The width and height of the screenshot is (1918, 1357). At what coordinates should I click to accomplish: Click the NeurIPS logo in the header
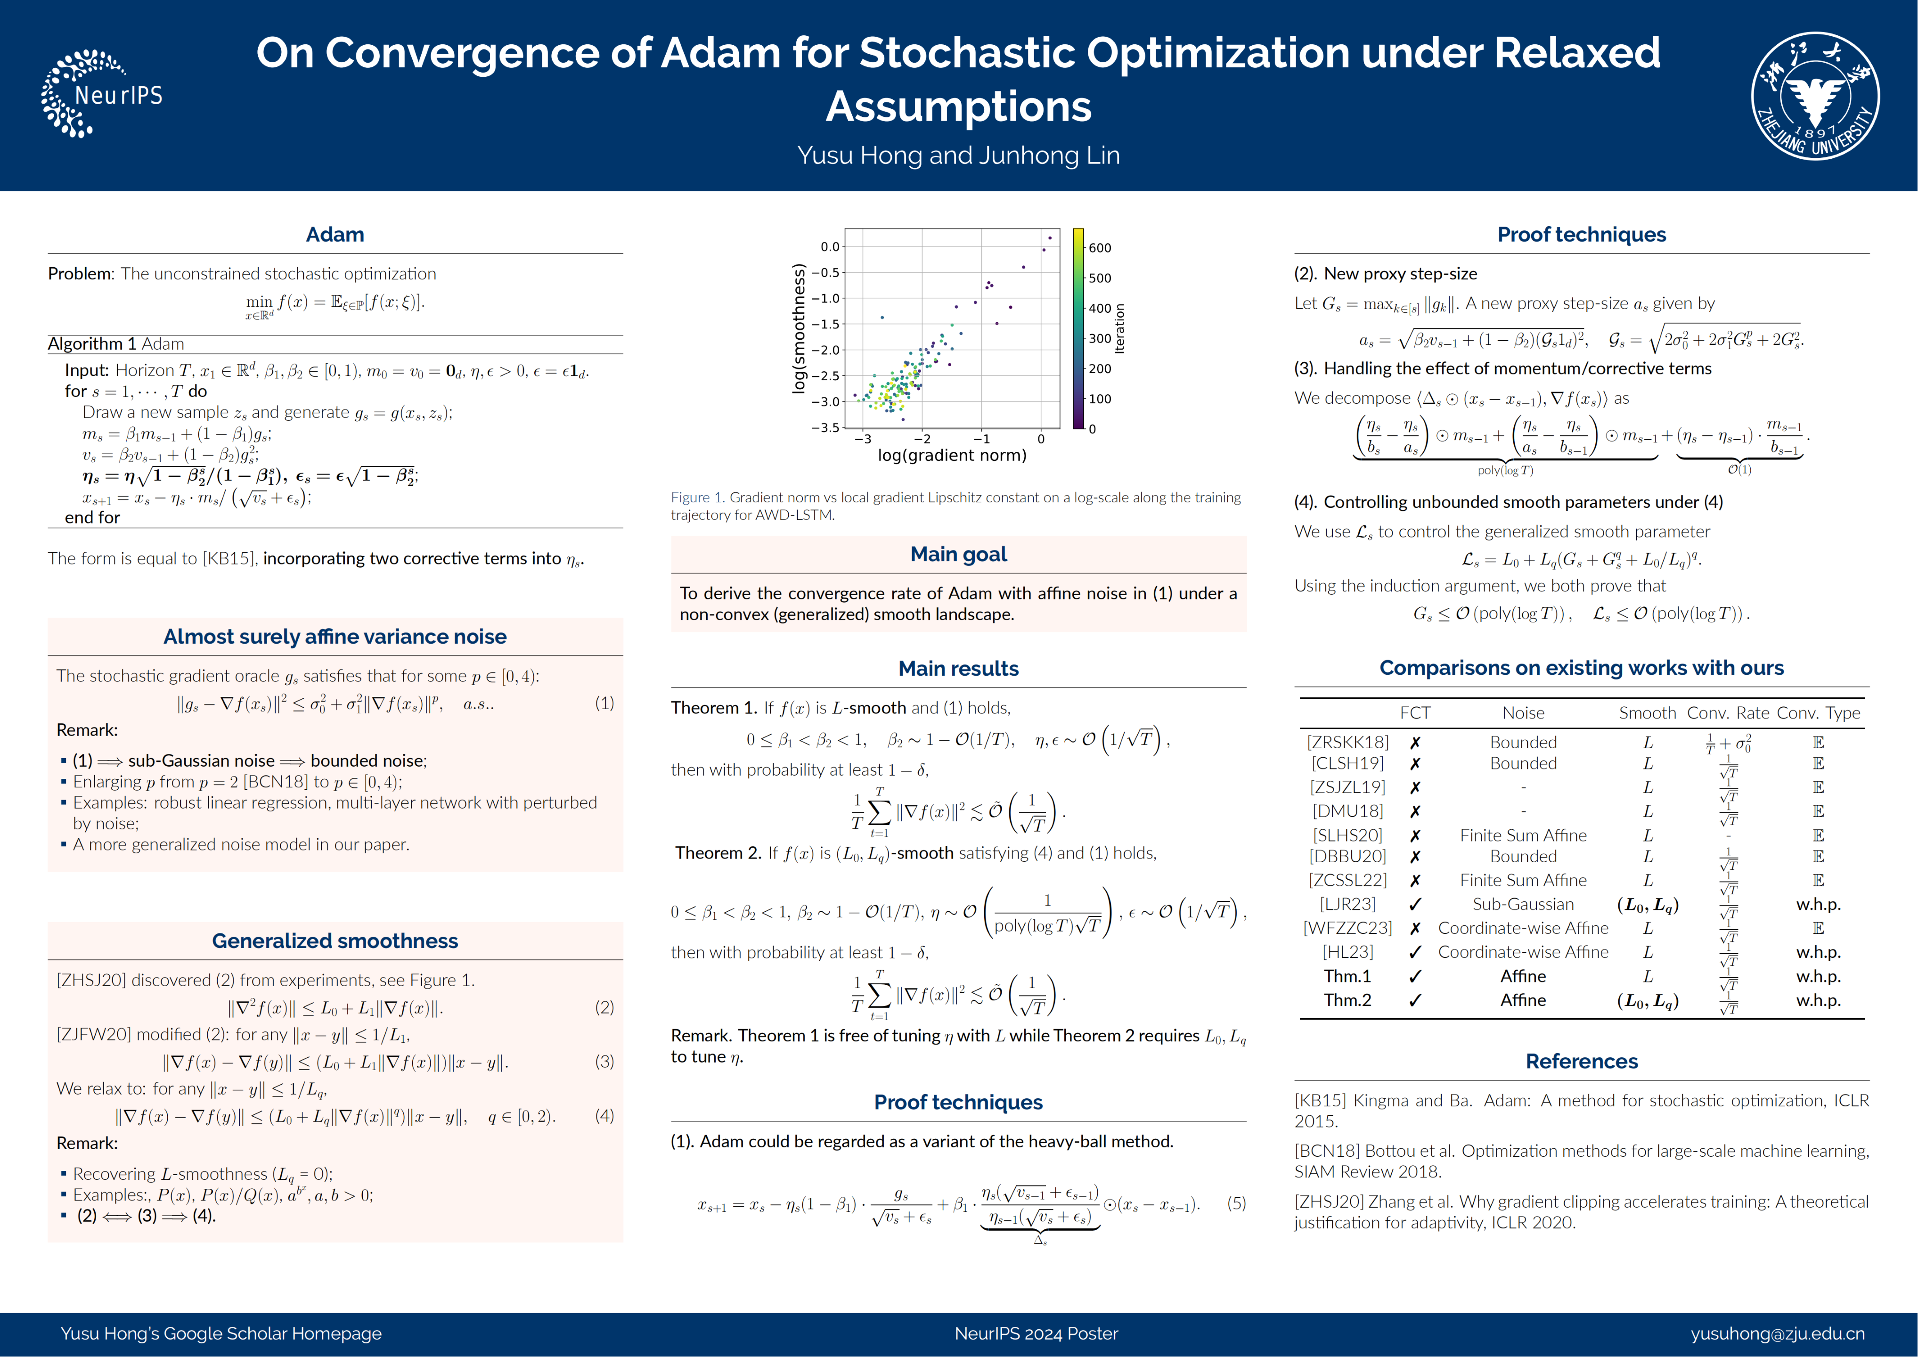[102, 94]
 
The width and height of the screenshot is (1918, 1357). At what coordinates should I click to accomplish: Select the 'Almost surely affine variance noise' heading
[335, 637]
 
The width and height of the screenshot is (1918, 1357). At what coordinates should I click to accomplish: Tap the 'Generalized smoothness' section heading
[335, 941]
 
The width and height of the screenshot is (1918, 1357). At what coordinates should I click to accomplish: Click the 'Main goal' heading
[958, 554]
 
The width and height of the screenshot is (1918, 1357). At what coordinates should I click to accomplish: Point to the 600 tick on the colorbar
[1099, 248]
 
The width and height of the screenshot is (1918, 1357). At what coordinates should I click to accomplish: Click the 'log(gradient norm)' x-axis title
[952, 456]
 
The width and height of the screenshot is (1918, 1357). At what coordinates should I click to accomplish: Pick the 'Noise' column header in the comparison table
[1523, 713]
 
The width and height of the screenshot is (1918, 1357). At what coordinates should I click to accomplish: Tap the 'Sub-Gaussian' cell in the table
[1523, 904]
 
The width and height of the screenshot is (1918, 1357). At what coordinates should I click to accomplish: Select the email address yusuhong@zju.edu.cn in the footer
[1777, 1333]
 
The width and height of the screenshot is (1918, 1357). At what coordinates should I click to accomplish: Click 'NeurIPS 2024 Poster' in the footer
[1036, 1333]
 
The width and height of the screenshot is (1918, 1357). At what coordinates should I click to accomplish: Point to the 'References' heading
[1581, 1061]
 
